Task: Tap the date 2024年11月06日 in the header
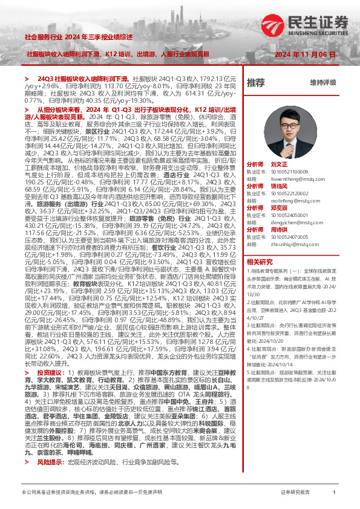coord(305,54)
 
